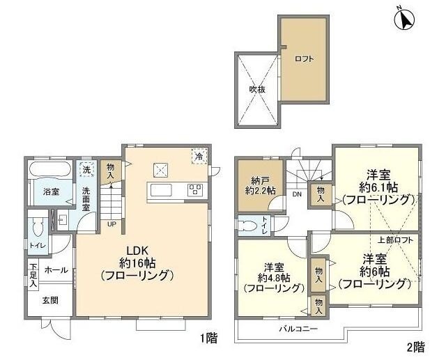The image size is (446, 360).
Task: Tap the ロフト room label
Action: tap(303, 59)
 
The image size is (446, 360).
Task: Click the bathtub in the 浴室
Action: tap(49, 170)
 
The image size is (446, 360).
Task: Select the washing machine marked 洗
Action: tap(86, 169)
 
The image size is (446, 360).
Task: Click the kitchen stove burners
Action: tap(194, 190)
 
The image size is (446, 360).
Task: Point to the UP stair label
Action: tap(111, 224)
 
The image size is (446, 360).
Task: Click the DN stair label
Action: tap(296, 195)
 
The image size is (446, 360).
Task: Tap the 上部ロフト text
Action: tap(395, 240)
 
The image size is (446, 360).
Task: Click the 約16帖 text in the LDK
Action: tap(137, 263)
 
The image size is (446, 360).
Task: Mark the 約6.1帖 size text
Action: tap(378, 187)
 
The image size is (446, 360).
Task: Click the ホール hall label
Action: tap(56, 269)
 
